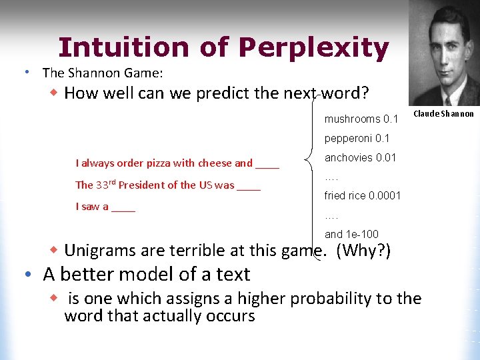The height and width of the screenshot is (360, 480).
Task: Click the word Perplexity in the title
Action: coord(313,48)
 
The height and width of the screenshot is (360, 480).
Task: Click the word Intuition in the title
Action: coord(114,48)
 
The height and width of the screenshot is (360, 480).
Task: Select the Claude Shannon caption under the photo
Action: coord(443,114)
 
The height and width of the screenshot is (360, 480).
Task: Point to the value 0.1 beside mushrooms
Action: coord(391,120)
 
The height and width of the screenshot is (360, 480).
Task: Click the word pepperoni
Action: coord(349,139)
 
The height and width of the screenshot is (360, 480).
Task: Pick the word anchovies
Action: coord(349,158)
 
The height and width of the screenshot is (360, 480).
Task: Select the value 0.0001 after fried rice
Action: coord(384,196)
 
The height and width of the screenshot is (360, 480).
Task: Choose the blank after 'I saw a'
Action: coord(123,207)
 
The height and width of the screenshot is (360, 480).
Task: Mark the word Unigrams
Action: coord(101,251)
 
